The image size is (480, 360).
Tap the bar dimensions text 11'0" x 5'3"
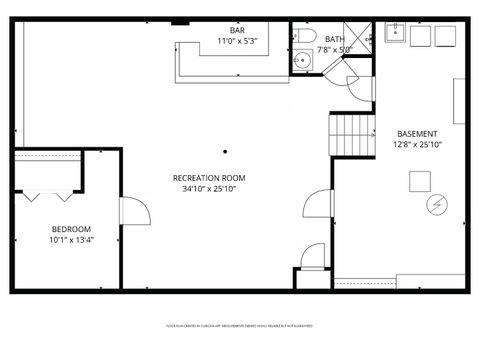[x=237, y=41]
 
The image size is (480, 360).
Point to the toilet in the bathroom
[x=303, y=36]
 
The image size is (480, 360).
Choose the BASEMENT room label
[x=416, y=134]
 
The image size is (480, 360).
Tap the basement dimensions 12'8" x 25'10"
[x=416, y=144]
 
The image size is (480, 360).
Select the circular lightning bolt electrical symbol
[x=435, y=204]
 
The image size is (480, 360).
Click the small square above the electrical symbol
[x=420, y=181]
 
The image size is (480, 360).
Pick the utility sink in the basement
[x=396, y=33]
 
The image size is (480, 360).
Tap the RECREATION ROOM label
[x=214, y=178]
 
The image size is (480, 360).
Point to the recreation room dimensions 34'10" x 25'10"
[x=214, y=188]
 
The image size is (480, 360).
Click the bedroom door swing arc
[x=137, y=211]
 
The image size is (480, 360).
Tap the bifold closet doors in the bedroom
[x=45, y=191]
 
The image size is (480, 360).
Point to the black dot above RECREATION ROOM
[x=226, y=152]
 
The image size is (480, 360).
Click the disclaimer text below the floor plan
[x=240, y=326]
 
